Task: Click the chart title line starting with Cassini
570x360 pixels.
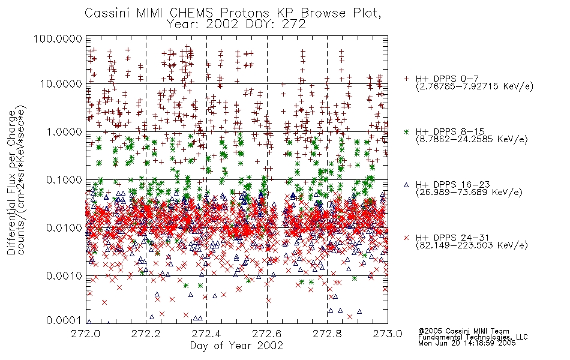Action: tap(233, 13)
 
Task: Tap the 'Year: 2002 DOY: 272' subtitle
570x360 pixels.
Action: tap(236, 25)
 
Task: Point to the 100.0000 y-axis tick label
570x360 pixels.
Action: tap(58, 38)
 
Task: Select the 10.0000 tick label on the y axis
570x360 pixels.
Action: tap(61, 84)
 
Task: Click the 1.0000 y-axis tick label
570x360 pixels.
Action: tap(64, 131)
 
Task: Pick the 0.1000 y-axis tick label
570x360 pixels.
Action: tap(64, 179)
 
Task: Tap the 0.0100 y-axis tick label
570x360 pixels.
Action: tap(64, 227)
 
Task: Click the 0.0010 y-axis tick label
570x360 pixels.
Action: tap(64, 275)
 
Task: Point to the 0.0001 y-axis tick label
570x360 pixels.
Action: tap(64, 320)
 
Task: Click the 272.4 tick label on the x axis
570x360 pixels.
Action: tap(206, 334)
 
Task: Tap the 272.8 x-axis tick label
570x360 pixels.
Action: tap(327, 334)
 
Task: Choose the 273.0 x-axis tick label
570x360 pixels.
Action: tap(388, 334)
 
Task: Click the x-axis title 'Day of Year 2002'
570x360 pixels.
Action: tap(236, 346)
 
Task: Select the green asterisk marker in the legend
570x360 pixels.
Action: tap(406, 131)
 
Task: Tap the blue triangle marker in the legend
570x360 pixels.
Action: tap(406, 185)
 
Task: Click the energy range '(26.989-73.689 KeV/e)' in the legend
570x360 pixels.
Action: tap(469, 193)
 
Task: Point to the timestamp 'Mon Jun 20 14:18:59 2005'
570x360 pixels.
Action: tap(467, 343)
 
